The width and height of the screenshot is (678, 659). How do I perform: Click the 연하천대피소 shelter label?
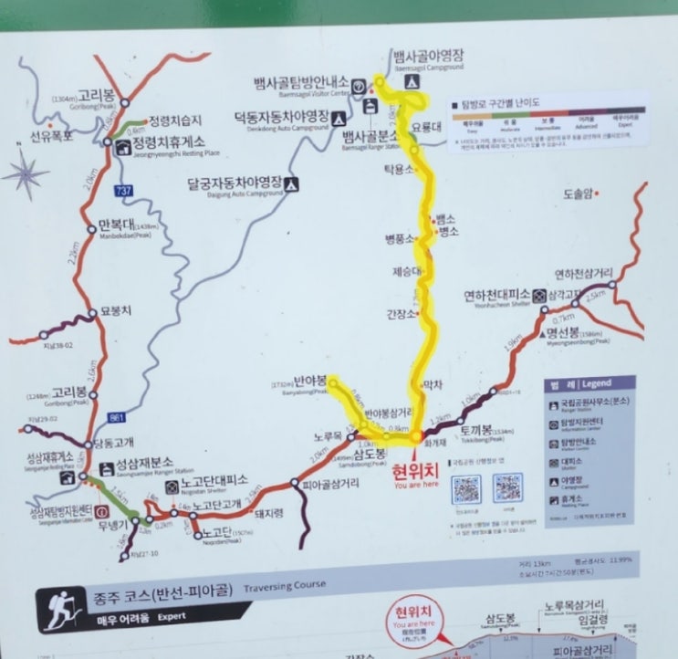click(x=496, y=295)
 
